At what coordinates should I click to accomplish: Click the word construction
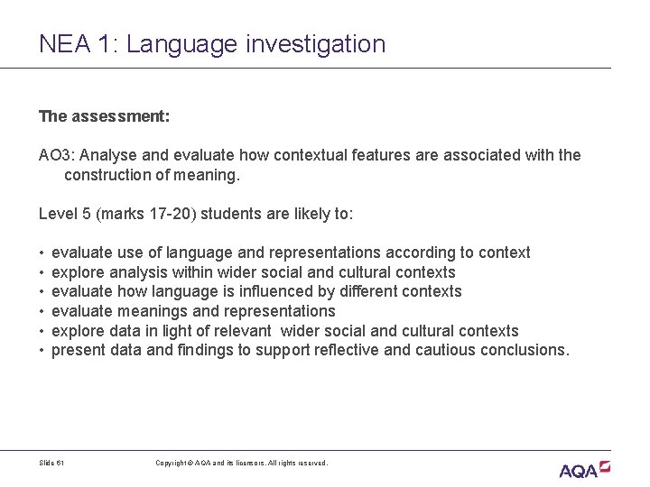pos(110,175)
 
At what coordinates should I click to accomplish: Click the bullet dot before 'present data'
pos(42,351)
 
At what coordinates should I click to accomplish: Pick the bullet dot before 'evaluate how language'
pos(42,292)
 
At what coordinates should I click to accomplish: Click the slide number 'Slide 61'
pos(52,463)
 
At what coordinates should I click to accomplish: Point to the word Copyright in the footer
pos(172,463)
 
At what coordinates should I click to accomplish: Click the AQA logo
pos(584,469)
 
